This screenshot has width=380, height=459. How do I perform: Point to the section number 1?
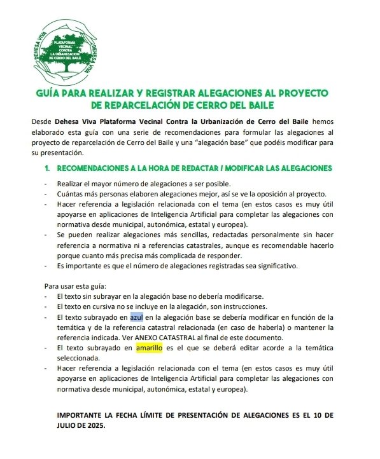pos(46,168)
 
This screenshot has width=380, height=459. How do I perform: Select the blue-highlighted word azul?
pos(137,317)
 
